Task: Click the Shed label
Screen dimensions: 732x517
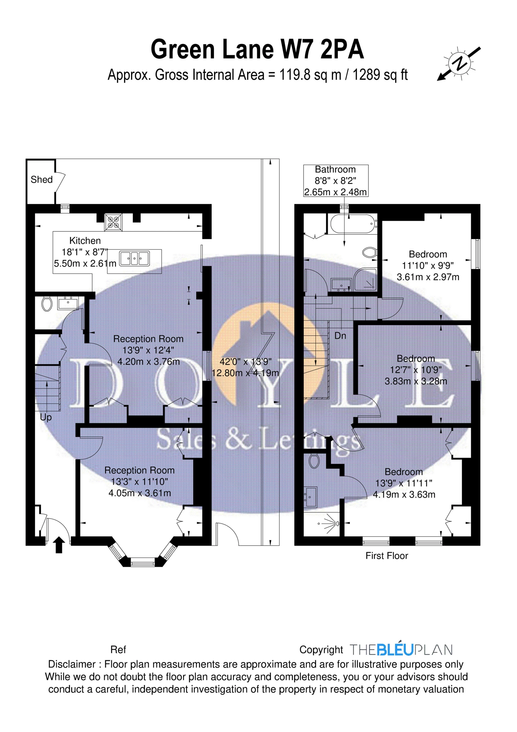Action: [x=41, y=180]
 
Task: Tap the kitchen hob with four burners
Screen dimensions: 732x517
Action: [x=113, y=222]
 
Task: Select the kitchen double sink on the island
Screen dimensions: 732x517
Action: [x=134, y=258]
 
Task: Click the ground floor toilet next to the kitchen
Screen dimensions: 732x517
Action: [x=47, y=304]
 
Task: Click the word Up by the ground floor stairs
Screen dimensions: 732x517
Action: [x=46, y=417]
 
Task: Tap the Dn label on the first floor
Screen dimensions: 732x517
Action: [x=340, y=336]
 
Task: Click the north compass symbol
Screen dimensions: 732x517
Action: [x=459, y=64]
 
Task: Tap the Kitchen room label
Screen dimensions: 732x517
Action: [x=85, y=241]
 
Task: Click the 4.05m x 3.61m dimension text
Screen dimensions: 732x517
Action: [x=140, y=493]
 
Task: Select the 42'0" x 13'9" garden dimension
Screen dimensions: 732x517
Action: [x=245, y=362]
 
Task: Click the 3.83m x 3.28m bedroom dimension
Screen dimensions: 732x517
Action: [x=416, y=381]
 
